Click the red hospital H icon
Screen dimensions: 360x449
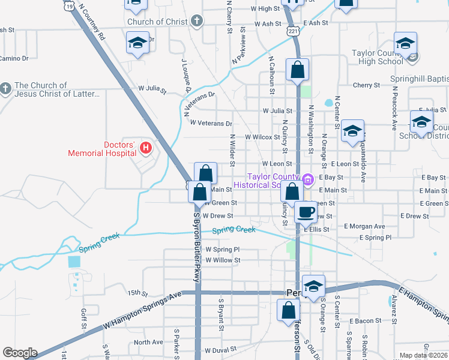[145, 147]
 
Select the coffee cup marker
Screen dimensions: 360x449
[306, 212]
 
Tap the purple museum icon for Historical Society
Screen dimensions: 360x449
[308, 179]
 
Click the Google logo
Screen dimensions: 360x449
[20, 353]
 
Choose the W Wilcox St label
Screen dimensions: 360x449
[262, 137]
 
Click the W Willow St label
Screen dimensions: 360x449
[223, 260]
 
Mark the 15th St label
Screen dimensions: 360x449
[137, 293]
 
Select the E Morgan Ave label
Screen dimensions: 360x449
[364, 226]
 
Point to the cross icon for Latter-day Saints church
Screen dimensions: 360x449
[5, 89]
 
